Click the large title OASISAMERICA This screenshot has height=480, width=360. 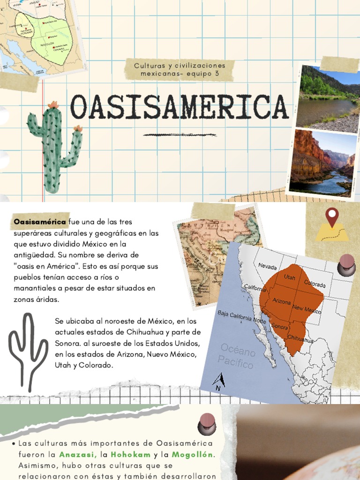pos(179,107)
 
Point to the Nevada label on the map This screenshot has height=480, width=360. pos(267,266)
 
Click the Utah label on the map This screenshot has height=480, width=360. pos(289,277)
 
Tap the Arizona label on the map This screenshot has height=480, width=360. pos(281,302)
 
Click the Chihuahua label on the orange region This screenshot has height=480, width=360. pos(300,338)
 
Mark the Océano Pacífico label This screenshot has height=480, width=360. pos(236,356)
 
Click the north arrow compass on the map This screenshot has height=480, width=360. pos(218,381)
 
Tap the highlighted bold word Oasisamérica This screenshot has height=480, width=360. pos(40,221)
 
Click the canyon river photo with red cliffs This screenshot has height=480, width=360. pos(322,162)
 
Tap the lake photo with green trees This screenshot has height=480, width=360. pos(330,97)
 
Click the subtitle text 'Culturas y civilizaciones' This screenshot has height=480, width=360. pos(180,66)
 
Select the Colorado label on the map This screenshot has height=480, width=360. pos(315,284)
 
